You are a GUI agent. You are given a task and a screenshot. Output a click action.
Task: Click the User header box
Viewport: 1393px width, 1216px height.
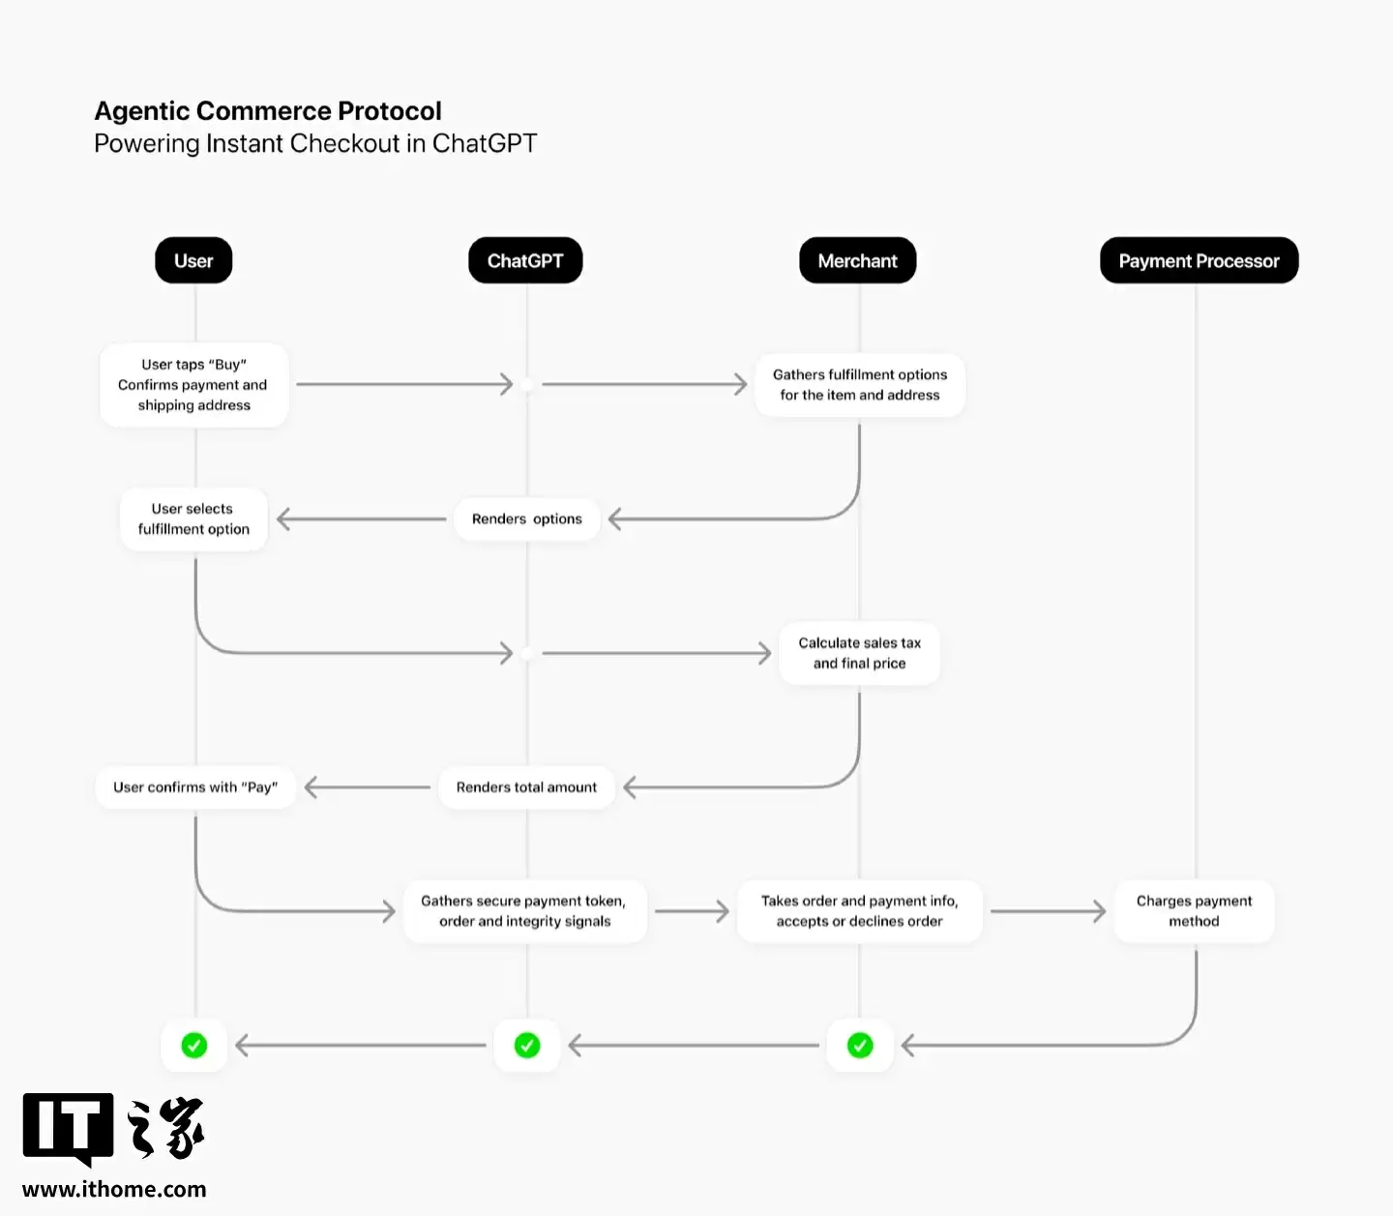tap(193, 260)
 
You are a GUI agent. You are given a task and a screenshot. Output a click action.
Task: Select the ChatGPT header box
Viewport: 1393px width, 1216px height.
tap(525, 260)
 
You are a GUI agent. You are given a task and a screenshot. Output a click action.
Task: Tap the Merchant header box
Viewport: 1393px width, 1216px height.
tap(857, 260)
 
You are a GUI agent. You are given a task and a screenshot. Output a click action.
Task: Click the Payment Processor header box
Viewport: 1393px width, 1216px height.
tap(1199, 260)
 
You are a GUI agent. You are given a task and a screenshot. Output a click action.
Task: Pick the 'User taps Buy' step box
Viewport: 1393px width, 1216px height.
tap(193, 385)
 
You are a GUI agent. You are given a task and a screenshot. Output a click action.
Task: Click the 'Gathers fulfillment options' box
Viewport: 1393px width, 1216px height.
tap(859, 385)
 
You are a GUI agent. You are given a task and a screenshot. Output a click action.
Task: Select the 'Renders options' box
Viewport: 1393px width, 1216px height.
tap(527, 519)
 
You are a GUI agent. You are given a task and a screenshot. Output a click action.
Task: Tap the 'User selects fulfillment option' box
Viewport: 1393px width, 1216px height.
tap(193, 519)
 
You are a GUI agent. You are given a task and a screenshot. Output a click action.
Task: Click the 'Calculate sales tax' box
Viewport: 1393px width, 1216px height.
tap(859, 653)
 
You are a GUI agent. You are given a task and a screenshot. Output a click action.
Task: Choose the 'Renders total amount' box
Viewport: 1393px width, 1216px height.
tap(527, 787)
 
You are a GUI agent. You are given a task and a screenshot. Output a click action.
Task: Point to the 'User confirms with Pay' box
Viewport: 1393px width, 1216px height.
tap(195, 787)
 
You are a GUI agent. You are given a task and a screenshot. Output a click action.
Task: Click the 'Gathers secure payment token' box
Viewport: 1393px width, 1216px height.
tap(524, 911)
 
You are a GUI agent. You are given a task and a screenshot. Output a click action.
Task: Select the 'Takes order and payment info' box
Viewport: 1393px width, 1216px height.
tap(859, 911)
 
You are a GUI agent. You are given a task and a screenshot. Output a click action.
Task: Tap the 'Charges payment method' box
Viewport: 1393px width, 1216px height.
tap(1194, 911)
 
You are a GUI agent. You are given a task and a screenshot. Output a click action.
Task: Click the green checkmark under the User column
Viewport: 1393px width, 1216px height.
tap(194, 1045)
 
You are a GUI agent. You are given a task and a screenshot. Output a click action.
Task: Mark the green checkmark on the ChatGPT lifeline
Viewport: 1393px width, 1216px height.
tap(527, 1045)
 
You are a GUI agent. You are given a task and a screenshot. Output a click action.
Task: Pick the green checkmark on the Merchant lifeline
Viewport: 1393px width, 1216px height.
tap(860, 1045)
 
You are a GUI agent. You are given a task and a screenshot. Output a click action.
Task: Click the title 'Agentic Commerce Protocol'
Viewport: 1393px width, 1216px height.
tap(268, 111)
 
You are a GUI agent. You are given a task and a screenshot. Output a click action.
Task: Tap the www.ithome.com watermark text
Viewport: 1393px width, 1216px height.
tap(114, 1189)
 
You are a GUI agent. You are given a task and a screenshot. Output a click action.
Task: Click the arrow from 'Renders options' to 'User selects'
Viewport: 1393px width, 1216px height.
tap(362, 519)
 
